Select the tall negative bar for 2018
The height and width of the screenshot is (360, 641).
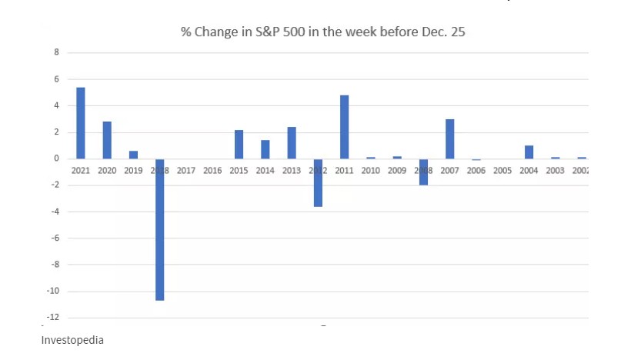[160, 231]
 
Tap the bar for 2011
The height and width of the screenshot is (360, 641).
[345, 127]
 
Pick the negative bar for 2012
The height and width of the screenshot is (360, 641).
[318, 185]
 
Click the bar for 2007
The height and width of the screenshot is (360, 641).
[450, 139]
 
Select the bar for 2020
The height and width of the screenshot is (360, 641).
[107, 140]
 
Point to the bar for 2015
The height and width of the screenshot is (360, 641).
[239, 145]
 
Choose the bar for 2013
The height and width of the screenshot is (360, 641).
[292, 143]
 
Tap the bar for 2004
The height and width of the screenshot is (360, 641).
[529, 152]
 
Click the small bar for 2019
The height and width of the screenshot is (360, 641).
[134, 155]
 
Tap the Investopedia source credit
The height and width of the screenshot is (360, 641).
[72, 339]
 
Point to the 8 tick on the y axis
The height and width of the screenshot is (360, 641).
[56, 52]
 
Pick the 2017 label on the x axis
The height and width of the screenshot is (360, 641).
[186, 170]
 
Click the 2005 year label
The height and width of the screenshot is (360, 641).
[502, 170]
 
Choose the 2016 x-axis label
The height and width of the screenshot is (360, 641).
[212, 170]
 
